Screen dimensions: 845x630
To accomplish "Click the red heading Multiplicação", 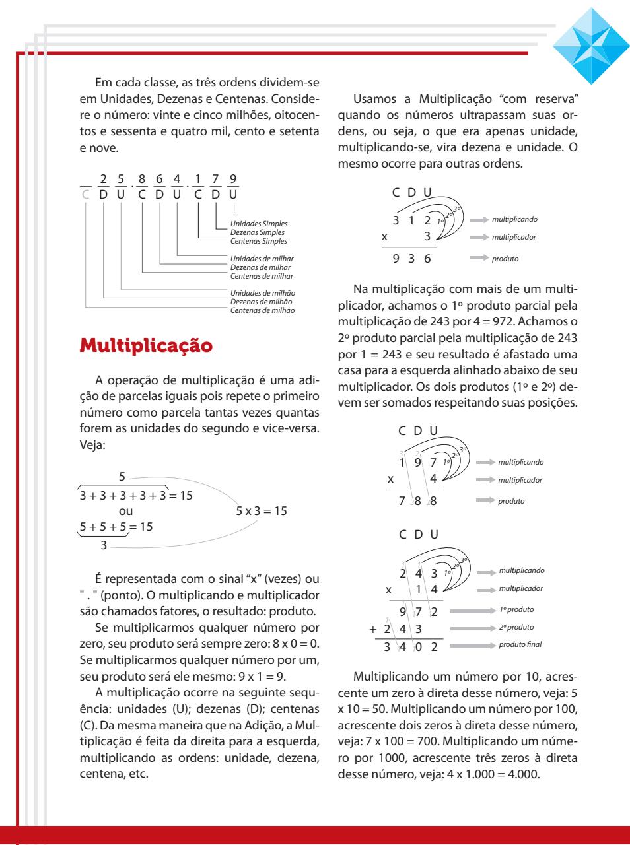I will [x=146, y=345].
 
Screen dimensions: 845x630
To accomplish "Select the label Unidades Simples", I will [x=258, y=224].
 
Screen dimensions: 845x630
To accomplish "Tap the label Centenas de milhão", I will [x=262, y=310].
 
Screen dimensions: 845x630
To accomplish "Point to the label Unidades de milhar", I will [x=262, y=259].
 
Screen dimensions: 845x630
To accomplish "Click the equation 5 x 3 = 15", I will [x=261, y=511].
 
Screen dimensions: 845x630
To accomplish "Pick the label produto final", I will [x=520, y=644].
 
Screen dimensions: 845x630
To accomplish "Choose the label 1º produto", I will [x=516, y=609].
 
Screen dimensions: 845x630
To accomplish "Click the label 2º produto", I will [x=516, y=627].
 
